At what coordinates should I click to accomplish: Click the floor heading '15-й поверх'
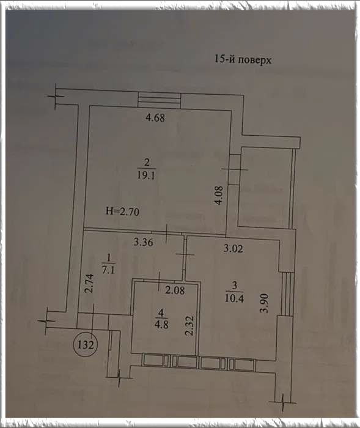click(243, 59)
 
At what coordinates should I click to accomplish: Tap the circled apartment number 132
click(86, 345)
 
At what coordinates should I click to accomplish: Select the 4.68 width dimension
click(155, 117)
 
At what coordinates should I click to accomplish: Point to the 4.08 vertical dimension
click(219, 195)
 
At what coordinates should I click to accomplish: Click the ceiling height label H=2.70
click(123, 212)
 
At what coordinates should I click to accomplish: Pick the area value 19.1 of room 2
click(146, 175)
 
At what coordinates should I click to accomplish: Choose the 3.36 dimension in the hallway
click(143, 242)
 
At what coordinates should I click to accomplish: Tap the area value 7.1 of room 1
click(108, 270)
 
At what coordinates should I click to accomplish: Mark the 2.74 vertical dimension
click(89, 284)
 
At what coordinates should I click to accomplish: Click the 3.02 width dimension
click(233, 249)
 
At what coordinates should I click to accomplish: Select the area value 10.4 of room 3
click(234, 298)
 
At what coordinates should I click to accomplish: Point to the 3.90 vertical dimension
click(265, 303)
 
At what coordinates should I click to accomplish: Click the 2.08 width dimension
click(175, 290)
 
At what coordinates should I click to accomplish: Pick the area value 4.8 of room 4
click(161, 325)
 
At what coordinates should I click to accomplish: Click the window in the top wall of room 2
click(160, 100)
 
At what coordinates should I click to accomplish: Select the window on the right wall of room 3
click(287, 293)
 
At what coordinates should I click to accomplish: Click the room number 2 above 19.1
click(147, 163)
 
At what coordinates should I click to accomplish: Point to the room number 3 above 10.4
click(235, 286)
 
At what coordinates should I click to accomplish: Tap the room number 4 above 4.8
click(161, 313)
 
